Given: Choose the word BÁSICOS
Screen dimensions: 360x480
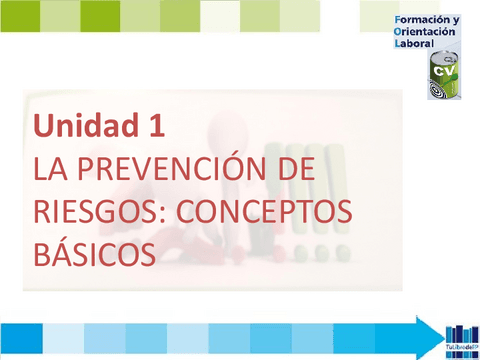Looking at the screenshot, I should (95, 253).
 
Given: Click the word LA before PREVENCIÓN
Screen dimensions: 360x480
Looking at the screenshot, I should (50, 169).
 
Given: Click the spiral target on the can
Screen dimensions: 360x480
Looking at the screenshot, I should (435, 89).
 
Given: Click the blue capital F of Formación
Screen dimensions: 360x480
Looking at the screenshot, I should (399, 19).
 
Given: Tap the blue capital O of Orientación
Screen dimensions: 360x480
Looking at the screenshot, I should (400, 31).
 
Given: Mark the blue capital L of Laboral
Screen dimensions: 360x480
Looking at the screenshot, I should (399, 43).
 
